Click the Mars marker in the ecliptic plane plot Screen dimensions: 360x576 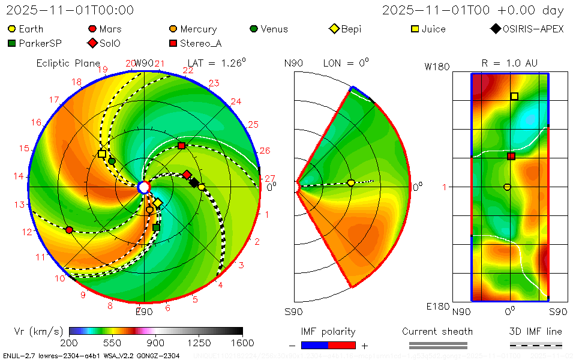[69, 230]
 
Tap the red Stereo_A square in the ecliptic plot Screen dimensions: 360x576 [181, 146]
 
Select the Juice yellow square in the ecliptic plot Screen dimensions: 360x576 [102, 154]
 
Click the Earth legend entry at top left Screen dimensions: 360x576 [26, 29]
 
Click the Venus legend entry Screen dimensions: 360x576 [268, 29]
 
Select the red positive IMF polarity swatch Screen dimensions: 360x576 [342, 345]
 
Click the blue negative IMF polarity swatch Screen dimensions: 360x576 [314, 345]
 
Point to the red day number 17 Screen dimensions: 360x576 [54, 100]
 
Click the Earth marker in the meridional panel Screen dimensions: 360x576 [351, 183]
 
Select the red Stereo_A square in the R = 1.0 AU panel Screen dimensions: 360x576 [511, 157]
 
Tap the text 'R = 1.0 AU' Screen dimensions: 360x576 [509, 63]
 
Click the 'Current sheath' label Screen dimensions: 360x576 [437, 331]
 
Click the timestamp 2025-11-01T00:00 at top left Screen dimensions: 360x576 [70, 10]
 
